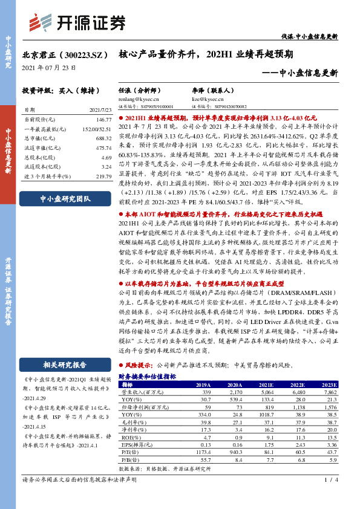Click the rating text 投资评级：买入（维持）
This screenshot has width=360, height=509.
54,90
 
